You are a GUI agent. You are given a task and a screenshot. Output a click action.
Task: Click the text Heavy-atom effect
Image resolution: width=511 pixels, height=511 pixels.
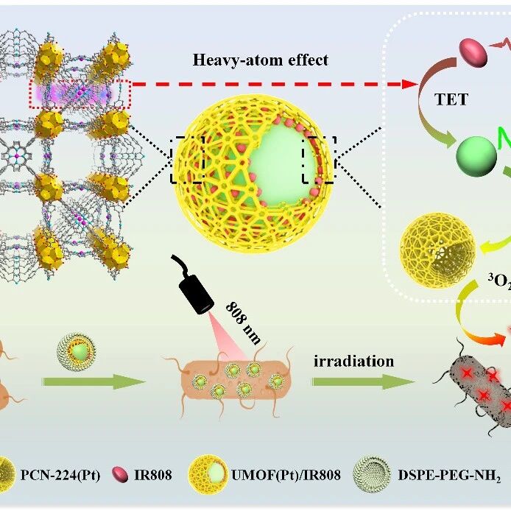pyautogui.click(x=261, y=60)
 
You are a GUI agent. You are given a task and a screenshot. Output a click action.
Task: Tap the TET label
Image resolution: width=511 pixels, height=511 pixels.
pyautogui.click(x=451, y=99)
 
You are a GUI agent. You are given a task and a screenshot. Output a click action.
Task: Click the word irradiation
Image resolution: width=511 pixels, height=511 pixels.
pyautogui.click(x=353, y=361)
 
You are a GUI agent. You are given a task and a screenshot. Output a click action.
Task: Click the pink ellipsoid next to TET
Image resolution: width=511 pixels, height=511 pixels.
pyautogui.click(x=473, y=52)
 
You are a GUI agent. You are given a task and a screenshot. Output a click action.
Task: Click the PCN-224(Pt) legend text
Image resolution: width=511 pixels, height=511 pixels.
pyautogui.click(x=60, y=475)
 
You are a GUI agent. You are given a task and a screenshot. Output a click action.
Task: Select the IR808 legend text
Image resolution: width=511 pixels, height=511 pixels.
pyautogui.click(x=153, y=475)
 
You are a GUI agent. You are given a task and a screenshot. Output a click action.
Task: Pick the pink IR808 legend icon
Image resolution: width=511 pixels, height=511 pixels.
pyautogui.click(x=120, y=474)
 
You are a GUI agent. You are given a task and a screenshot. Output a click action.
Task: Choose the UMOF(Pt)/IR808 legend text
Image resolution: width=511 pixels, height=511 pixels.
pyautogui.click(x=286, y=475)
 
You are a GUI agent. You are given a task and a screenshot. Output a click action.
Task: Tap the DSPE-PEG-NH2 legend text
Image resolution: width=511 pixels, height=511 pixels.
pyautogui.click(x=449, y=476)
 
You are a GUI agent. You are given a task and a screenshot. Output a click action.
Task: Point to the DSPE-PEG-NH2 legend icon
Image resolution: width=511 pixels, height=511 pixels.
pyautogui.click(x=372, y=474)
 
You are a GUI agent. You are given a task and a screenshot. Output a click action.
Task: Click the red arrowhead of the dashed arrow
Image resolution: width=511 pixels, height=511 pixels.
pyautogui.click(x=409, y=84)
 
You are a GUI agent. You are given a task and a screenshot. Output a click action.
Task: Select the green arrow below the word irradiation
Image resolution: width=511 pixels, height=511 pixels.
pyautogui.click(x=364, y=382)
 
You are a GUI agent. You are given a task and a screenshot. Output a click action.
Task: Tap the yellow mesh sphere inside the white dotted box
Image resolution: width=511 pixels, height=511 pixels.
pyautogui.click(x=437, y=250)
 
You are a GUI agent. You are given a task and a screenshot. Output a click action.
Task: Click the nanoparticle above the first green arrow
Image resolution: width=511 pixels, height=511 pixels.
pyautogui.click(x=77, y=353)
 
